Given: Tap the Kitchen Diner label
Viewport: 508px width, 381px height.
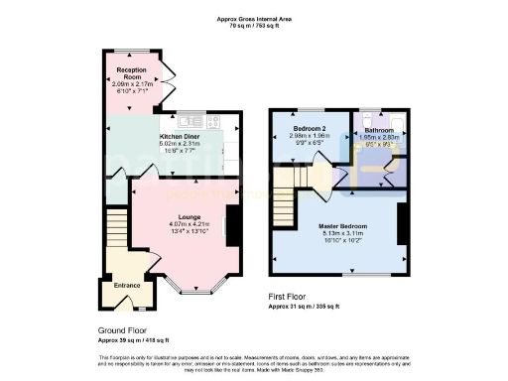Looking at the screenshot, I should point(183,136).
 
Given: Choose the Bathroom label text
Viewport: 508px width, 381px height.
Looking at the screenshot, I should point(378,130).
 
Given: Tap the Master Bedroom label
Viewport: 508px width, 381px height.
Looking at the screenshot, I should point(340,225).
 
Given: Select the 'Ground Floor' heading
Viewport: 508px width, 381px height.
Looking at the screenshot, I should point(126,331).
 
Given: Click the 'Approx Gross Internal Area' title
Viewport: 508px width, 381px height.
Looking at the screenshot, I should point(253,19).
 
